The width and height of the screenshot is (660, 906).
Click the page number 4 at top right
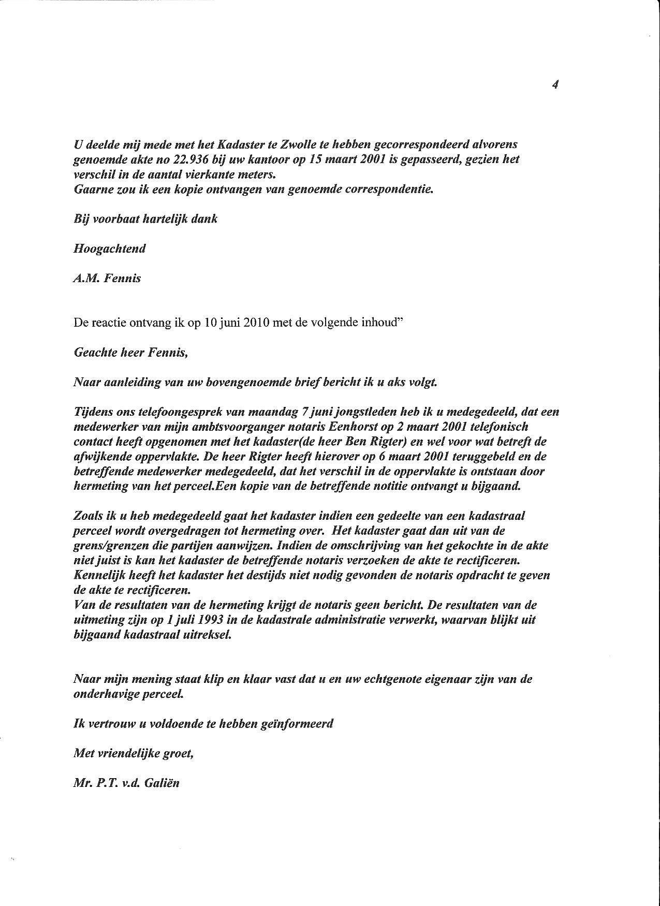click(x=554, y=85)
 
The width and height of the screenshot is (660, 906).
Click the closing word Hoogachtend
click(x=110, y=249)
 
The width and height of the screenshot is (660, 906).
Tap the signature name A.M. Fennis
click(x=108, y=279)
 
